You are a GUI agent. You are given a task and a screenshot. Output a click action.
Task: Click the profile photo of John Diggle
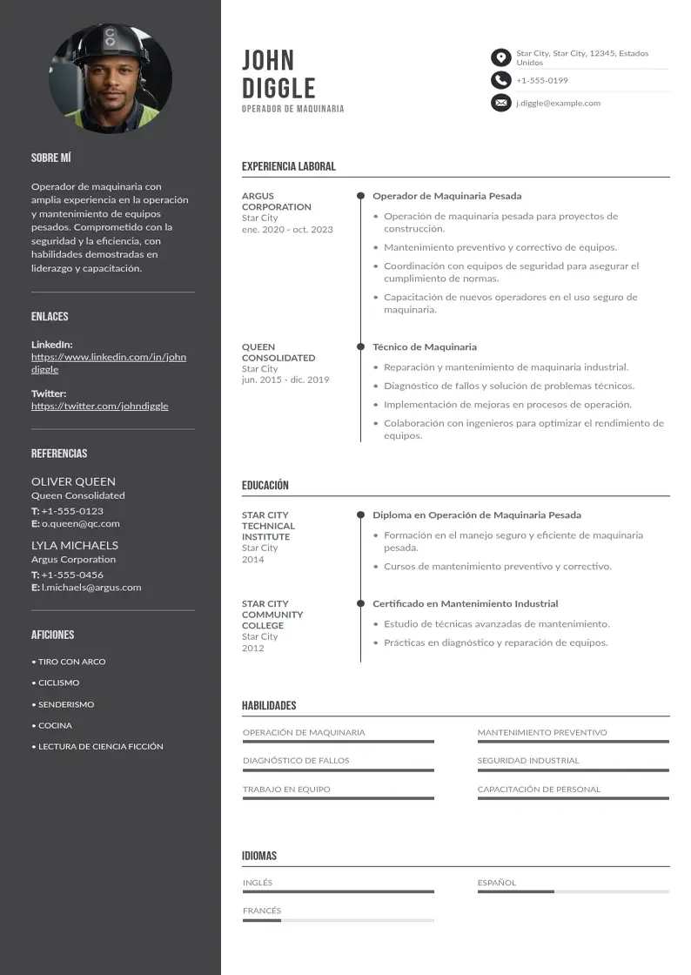pos(111,78)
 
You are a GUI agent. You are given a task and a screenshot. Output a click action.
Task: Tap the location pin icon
pos(500,57)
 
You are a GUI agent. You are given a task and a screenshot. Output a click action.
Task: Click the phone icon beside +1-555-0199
pos(500,80)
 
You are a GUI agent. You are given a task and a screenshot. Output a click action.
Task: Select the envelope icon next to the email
pos(500,103)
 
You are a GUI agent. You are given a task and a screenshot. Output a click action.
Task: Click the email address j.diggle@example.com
pos(558,103)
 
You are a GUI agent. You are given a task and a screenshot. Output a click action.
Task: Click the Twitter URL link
pos(100,406)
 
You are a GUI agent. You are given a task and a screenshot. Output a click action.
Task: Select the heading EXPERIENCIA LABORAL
pos(288,166)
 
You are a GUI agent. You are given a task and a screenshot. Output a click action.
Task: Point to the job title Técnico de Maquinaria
pos(425,346)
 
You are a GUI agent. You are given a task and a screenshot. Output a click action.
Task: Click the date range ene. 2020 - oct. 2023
pos(287,230)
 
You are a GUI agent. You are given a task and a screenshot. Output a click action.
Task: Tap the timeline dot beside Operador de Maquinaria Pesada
pos(360,196)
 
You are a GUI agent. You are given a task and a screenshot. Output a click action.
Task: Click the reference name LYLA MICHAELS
pos(75,545)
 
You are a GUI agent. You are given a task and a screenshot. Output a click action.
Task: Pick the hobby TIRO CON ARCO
pos(71,662)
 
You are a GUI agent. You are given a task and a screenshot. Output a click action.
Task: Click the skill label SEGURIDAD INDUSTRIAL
pos(528,760)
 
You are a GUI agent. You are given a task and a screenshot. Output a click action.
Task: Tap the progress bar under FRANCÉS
pos(338,920)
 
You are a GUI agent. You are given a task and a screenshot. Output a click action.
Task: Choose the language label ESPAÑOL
pos(497,883)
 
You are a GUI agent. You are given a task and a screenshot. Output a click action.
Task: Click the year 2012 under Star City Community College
pos(253,649)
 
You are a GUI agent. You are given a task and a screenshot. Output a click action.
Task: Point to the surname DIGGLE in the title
pos(278,88)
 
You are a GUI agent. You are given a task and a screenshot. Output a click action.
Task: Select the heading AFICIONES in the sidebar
pos(53,635)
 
